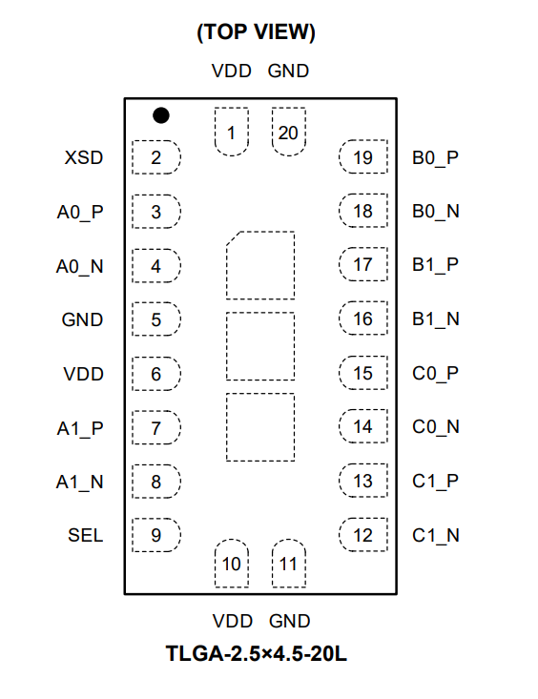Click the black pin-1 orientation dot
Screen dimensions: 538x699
161,115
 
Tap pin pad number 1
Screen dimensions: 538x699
232,132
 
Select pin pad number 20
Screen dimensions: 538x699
289,132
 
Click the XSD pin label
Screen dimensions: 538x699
84,157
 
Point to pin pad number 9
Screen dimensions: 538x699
156,535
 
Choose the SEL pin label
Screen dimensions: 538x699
85,535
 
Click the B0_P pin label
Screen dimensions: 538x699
435,157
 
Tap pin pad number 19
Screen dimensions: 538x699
363,157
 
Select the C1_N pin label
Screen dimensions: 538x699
436,535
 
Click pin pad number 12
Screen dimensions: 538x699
363,535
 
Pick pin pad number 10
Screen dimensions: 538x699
232,563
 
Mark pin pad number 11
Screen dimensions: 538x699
289,563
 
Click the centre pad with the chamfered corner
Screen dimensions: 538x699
260,265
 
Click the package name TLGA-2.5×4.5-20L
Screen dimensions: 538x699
256,653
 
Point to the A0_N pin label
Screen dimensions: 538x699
80,267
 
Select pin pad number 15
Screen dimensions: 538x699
363,373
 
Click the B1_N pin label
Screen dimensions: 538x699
436,319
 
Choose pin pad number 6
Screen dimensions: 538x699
156,374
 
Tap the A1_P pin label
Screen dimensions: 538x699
80,429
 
